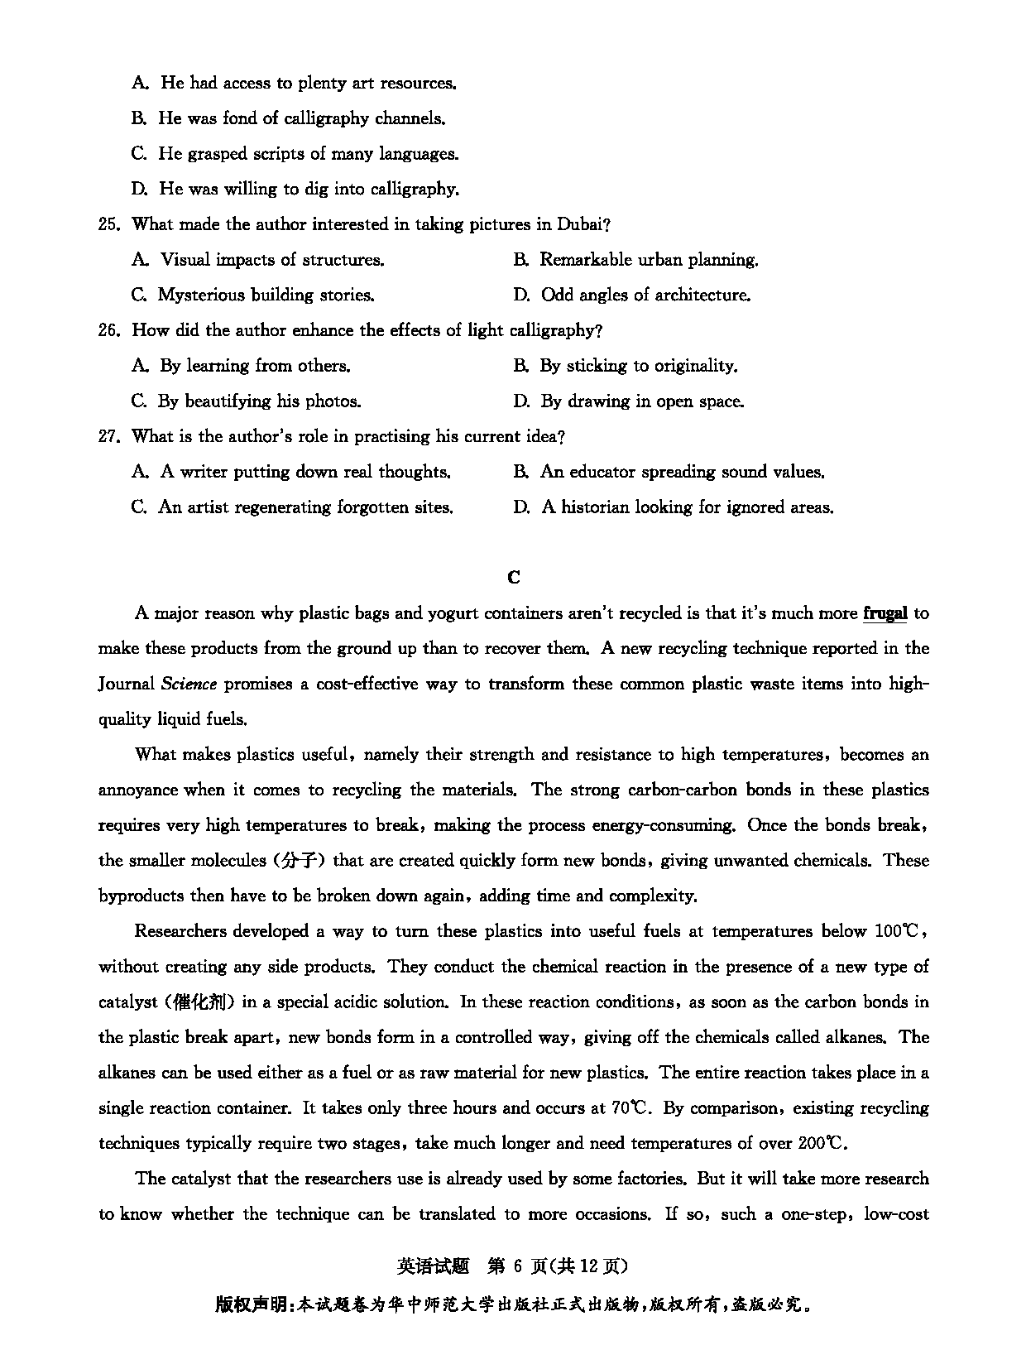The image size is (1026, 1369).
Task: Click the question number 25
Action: [109, 224]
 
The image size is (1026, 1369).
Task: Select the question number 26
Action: [109, 330]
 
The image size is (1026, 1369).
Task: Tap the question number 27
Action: [109, 436]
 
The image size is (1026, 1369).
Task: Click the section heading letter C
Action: [514, 577]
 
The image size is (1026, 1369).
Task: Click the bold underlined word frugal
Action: [885, 613]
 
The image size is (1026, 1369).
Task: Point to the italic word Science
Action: [189, 684]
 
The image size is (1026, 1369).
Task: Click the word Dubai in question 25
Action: [583, 224]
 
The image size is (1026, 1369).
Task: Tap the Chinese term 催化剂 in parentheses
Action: [198, 1002]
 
